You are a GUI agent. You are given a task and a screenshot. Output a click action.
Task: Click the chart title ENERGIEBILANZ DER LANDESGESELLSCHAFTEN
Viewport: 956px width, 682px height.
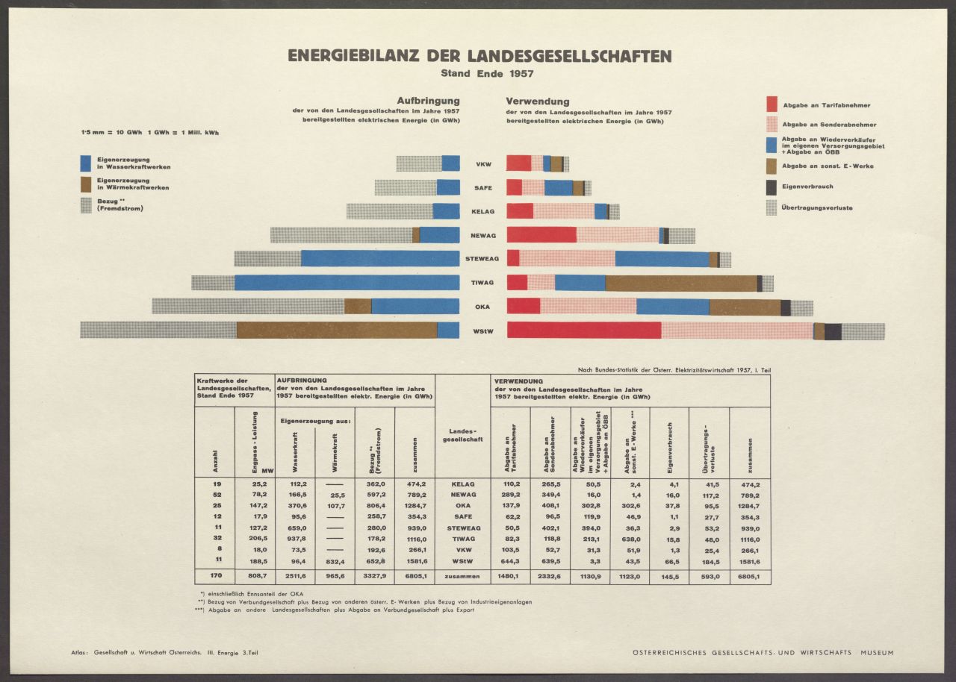479,56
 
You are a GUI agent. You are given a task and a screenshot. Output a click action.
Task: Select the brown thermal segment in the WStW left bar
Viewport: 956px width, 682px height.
336,330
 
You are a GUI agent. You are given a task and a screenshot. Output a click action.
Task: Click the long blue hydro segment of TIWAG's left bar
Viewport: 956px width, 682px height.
347,283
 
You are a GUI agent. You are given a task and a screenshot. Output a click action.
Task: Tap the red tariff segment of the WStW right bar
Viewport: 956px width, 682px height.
583,330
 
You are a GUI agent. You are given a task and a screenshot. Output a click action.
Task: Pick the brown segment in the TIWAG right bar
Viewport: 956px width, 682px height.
680,283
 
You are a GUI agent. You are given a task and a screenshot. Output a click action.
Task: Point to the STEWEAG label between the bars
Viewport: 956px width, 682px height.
482,259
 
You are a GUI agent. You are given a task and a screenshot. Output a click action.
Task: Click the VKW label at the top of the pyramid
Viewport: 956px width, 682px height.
482,164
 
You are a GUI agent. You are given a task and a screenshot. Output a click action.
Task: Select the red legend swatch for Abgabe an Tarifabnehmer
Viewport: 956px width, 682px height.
772,104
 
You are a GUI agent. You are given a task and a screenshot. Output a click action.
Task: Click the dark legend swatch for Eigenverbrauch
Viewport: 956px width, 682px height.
772,187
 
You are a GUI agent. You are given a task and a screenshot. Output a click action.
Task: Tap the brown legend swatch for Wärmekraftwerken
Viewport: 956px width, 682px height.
86,184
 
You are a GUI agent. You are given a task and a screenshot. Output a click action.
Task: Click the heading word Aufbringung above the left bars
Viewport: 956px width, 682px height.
428,101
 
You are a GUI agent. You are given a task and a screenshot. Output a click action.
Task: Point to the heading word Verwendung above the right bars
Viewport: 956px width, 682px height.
538,101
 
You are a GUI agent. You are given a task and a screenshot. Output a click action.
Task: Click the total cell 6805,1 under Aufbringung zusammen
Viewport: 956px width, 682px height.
412,577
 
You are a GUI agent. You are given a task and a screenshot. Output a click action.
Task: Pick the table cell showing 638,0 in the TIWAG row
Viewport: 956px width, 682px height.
630,537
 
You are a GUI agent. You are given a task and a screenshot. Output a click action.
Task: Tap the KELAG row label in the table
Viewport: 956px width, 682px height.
463,484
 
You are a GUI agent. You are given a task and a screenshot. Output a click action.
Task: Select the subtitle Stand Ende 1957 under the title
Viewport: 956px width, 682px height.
479,74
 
